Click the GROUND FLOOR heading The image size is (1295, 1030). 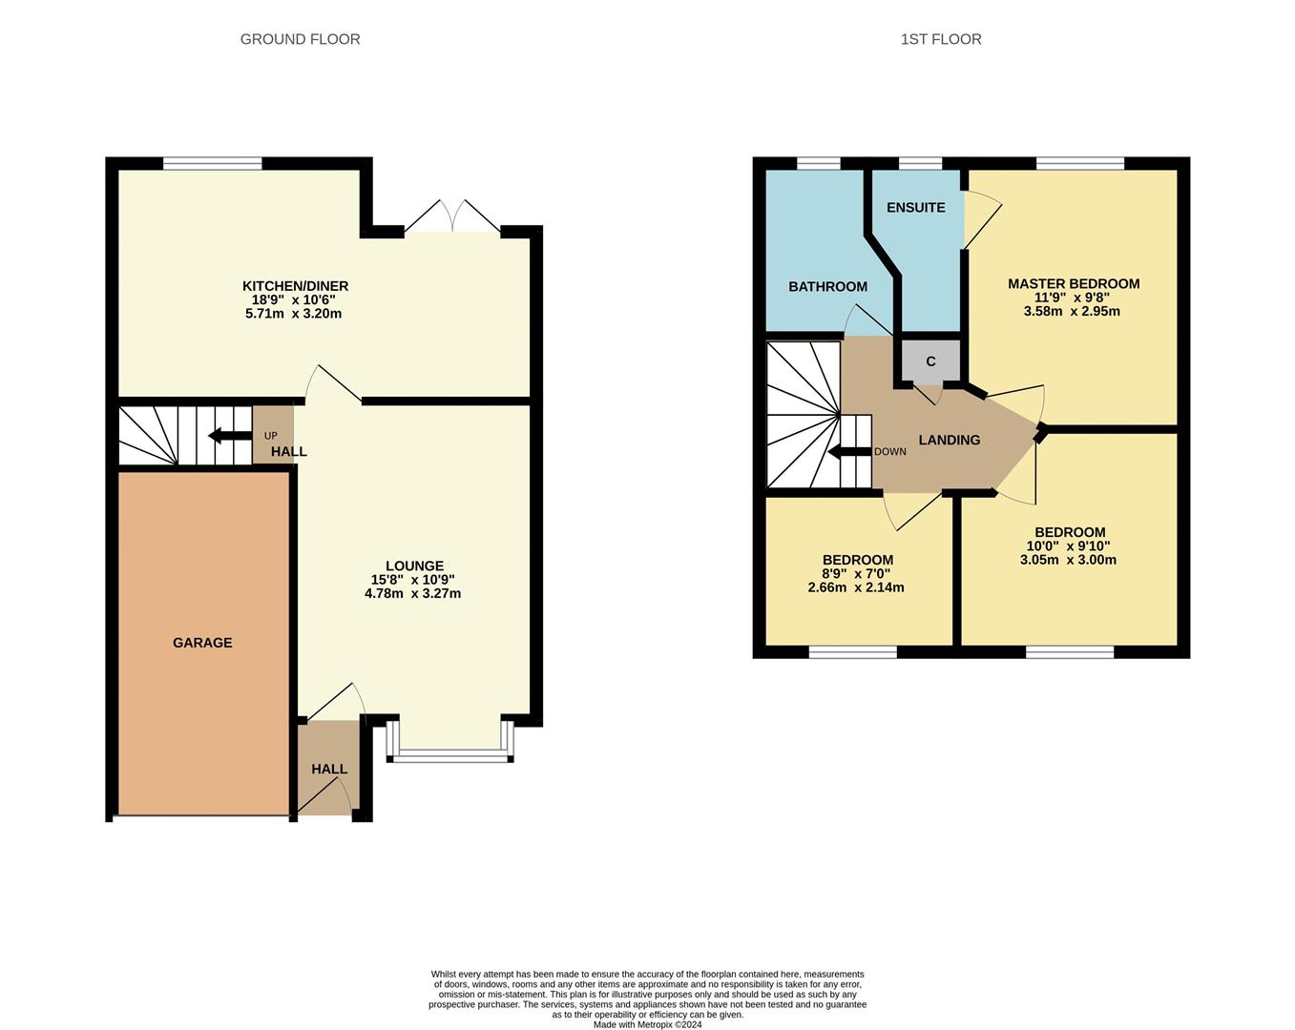point(300,39)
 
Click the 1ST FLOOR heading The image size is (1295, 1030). point(940,39)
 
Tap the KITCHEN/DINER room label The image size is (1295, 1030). point(295,286)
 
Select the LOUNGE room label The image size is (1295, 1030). point(414,566)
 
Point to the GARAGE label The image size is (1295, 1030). point(202,643)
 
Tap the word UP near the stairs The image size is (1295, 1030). point(270,436)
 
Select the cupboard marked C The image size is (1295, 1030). point(930,361)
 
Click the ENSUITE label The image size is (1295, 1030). point(915,207)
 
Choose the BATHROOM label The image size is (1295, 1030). point(827,286)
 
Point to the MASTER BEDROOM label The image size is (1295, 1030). point(1074,283)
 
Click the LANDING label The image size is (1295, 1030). point(949,440)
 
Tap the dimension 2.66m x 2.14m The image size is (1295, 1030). point(856,587)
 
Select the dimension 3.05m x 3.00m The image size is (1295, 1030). point(1068,560)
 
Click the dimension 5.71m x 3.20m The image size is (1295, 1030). point(293,313)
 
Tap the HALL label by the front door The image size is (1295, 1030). point(329,769)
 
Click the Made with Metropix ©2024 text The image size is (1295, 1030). point(647,1025)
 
